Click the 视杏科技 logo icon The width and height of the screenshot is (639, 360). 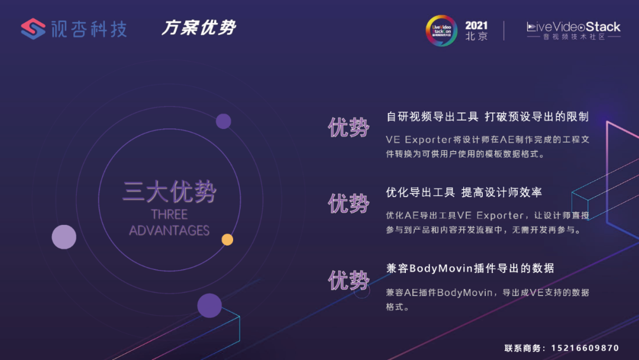coord(33,28)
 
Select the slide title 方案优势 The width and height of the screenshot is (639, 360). coord(199,28)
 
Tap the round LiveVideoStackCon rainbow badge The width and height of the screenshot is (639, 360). coord(442,30)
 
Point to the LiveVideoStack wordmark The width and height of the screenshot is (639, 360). coord(573,27)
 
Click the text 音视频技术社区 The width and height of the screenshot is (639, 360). coord(573,37)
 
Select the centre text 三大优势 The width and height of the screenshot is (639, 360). coord(169,192)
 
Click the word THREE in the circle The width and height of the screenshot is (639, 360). coord(169,214)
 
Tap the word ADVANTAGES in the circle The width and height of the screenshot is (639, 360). coord(169,230)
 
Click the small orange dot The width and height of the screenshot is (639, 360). coord(227,239)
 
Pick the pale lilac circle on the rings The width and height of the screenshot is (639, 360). coord(64,237)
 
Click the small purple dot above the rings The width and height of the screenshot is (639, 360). coord(223,121)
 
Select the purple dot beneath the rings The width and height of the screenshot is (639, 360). coord(209,306)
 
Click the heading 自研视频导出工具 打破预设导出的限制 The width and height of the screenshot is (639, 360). coord(487,117)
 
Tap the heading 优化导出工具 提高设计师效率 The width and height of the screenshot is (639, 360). coord(464,192)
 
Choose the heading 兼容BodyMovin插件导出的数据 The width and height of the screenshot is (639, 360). coord(470,268)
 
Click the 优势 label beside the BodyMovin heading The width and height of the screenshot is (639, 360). coord(348,280)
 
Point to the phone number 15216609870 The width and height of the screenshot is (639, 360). coord(585,348)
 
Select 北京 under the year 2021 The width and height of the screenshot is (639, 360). coord(476,36)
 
